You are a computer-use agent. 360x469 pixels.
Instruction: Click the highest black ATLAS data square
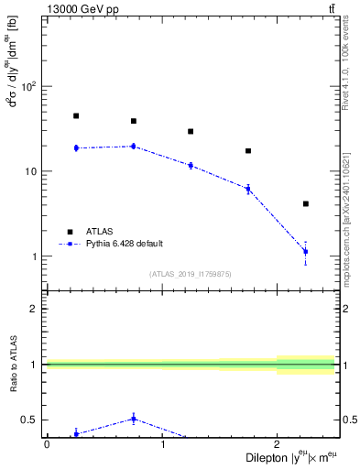coord(76,116)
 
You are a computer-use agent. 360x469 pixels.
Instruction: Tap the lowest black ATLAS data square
coord(305,203)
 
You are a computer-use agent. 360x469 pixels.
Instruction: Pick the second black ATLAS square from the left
coord(134,121)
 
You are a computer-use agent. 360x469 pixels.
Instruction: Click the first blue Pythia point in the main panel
coord(76,147)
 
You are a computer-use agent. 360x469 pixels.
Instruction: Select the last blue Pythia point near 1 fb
coord(305,251)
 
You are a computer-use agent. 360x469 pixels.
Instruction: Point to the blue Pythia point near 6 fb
coord(248,189)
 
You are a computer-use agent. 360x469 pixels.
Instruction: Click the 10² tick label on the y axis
coord(29,87)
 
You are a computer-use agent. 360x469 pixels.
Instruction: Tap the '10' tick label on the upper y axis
coord(31,172)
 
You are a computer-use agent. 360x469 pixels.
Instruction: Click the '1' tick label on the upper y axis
coord(34,256)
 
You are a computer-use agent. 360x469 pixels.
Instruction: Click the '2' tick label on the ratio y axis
coord(35,309)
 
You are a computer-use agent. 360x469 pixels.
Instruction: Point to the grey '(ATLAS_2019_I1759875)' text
coord(191,273)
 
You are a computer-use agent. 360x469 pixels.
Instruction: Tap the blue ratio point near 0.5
coord(134,419)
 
